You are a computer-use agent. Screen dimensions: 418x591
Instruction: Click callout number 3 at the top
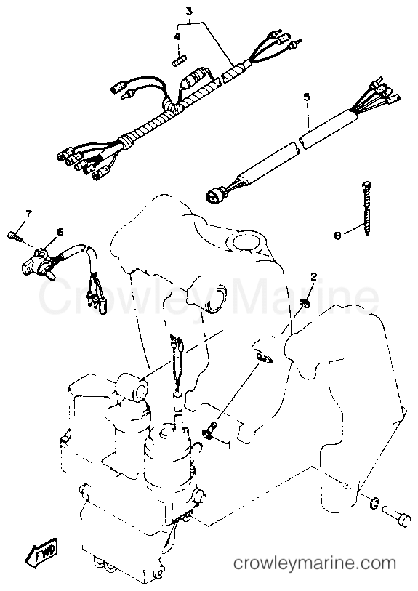(x=190, y=12)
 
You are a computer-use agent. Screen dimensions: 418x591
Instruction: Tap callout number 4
(x=177, y=37)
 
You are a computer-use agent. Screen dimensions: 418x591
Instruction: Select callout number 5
(x=308, y=97)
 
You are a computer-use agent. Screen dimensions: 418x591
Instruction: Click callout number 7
(x=28, y=214)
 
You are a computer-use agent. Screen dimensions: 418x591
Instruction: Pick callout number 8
(x=337, y=236)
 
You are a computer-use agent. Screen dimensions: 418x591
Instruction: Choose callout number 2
(x=313, y=277)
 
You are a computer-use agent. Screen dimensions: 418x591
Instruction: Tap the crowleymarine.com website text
(x=315, y=564)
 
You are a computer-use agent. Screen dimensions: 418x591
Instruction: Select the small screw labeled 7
(x=13, y=236)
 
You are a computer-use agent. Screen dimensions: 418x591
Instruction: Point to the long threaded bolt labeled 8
(x=367, y=209)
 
